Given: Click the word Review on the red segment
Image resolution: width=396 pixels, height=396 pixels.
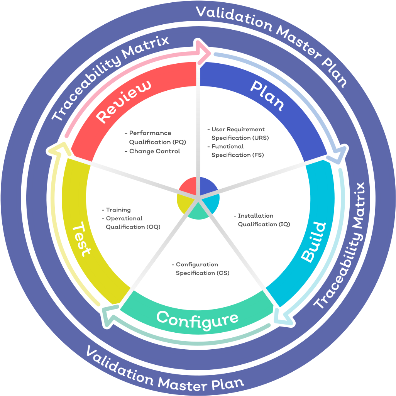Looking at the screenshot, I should pyautogui.click(x=124, y=102).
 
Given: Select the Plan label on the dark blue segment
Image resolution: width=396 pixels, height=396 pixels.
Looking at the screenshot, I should pyautogui.click(x=267, y=95).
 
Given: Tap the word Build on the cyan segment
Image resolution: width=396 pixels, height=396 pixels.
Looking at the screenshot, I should pyautogui.click(x=314, y=242).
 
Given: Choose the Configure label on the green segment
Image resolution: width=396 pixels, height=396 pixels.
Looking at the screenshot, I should pyautogui.click(x=197, y=320).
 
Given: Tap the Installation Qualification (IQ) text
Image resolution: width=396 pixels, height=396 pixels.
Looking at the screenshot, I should pyautogui.click(x=262, y=220).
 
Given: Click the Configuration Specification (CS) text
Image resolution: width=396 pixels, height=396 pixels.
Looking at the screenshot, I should pyautogui.click(x=201, y=269).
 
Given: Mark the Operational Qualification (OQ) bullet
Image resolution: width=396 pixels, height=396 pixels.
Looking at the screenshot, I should pyautogui.click(x=131, y=223).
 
